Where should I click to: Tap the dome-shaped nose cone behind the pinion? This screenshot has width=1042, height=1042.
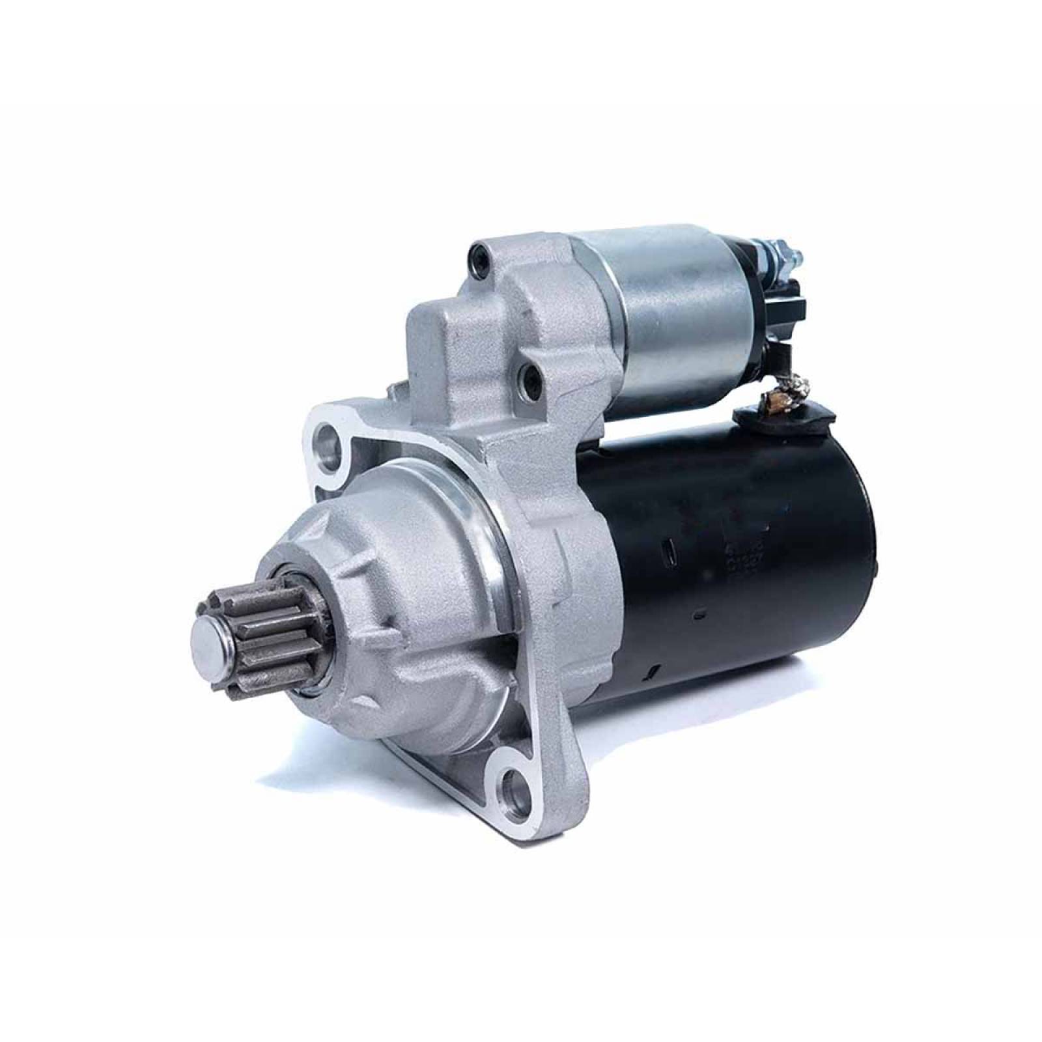(391, 586)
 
